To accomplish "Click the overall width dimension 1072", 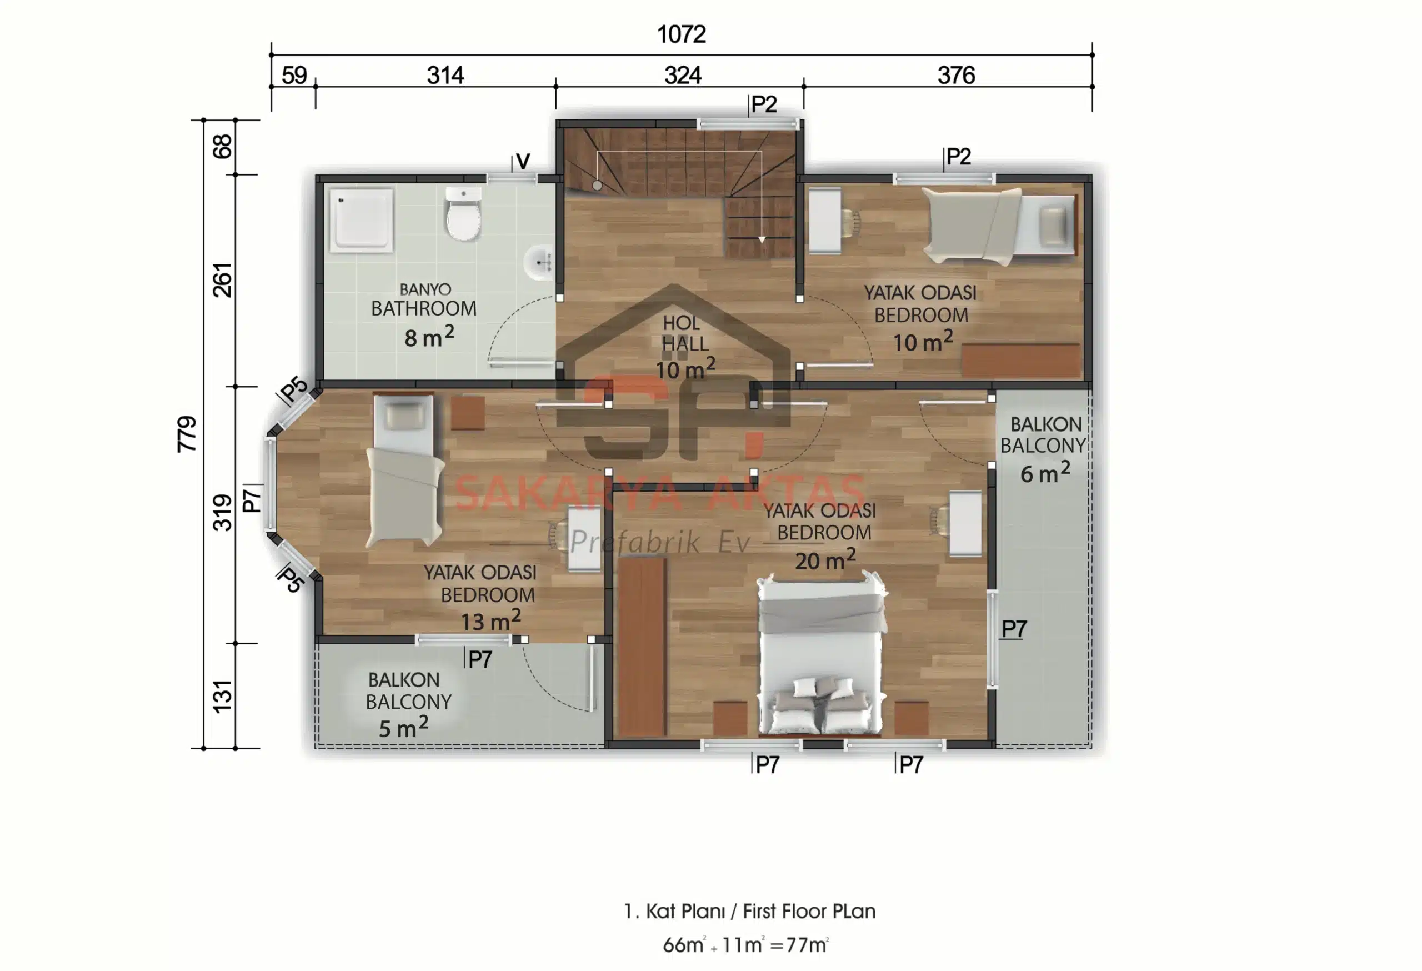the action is pos(682,34).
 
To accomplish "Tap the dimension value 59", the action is pos(294,75).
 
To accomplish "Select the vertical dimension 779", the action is pos(187,434).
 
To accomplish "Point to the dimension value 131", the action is pos(222,696).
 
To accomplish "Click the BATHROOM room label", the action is pos(423,308).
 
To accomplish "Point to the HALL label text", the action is pos(685,344).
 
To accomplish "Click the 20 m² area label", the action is pos(825,560).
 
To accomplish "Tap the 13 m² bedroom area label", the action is pos(490,620).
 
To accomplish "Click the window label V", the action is pos(523,162).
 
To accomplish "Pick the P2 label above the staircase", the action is pos(764,104).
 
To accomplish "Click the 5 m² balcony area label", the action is pos(403,728).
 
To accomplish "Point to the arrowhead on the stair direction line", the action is pos(761,239).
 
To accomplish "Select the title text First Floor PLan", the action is pos(809,911).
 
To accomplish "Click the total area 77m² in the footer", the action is pos(807,945).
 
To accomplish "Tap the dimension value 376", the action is pos(956,75).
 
